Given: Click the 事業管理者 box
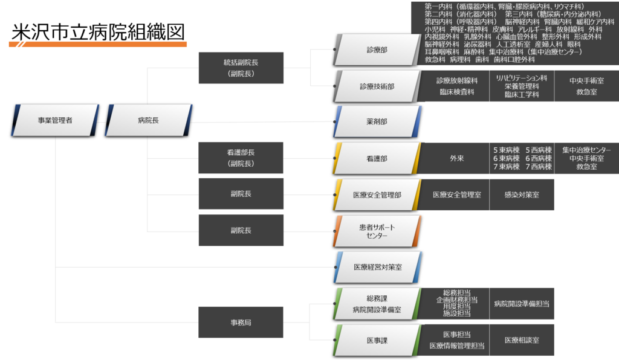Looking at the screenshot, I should tap(55, 120).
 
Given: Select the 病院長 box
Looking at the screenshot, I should tap(149, 120).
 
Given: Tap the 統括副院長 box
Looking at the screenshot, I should tap(241, 68).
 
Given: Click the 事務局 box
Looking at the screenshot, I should tap(241, 322).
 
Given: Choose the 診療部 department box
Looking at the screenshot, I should tap(377, 50).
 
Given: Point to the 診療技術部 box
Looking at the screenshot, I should tap(377, 86).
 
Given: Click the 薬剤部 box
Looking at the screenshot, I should tap(377, 121).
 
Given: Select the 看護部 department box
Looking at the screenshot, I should tap(377, 158).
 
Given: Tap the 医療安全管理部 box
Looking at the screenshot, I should tap(377, 194).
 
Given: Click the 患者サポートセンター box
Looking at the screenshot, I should tap(377, 231).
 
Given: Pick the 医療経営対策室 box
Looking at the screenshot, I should tap(377, 266).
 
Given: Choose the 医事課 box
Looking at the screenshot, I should tap(377, 340).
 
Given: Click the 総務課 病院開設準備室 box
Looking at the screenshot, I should tap(377, 304).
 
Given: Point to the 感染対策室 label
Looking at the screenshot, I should tap(522, 194).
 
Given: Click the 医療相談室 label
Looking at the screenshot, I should tap(521, 340).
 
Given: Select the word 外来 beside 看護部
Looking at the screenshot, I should tap(456, 158).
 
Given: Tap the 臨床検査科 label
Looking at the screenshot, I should tap(457, 92).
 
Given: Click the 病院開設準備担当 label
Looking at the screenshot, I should tap(521, 304).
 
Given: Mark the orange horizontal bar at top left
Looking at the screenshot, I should tap(98, 43).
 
